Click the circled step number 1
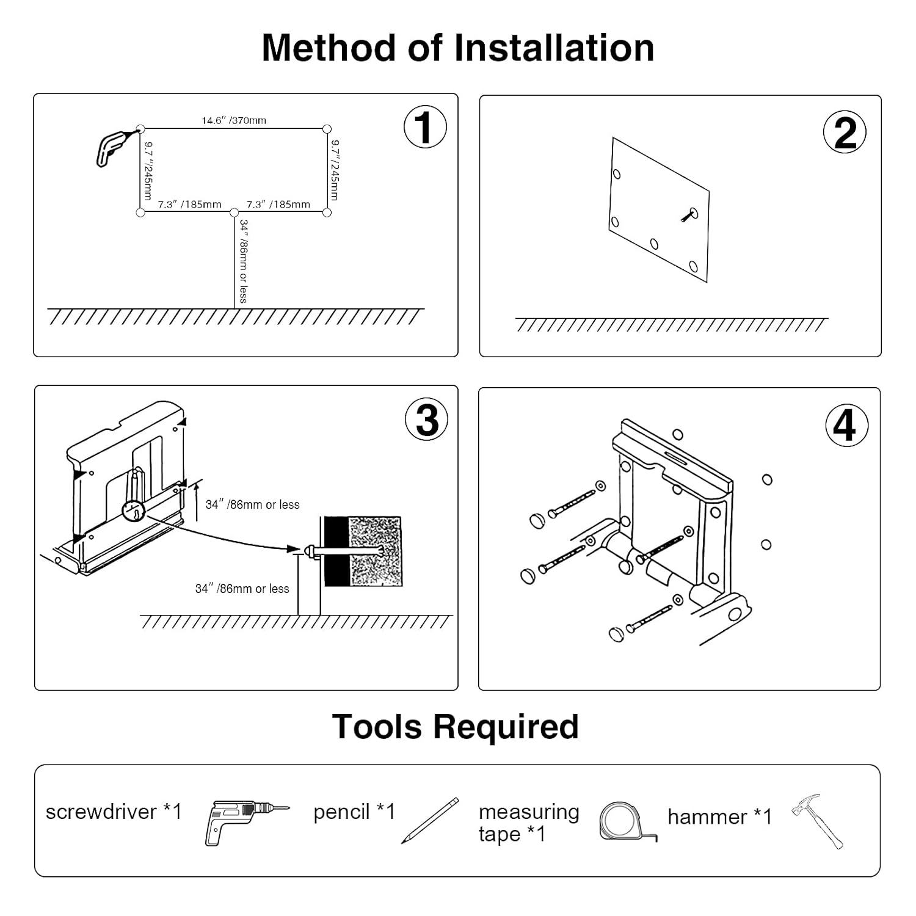pos(425,127)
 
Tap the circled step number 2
pos(845,132)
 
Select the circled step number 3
pos(426,420)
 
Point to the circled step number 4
pos(846,425)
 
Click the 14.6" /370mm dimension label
pos(234,120)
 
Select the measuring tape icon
pos(625,822)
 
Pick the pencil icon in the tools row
pos(430,821)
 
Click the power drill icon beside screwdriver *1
pos(244,821)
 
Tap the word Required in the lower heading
pos(506,727)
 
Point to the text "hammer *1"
pos(719,816)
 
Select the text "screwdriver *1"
pos(114,812)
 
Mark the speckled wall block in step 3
pos(374,551)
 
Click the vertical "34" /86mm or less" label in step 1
pos(243,261)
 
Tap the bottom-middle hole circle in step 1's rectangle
pos(234,213)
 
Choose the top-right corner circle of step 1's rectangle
pos(327,129)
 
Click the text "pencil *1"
pos(354,812)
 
